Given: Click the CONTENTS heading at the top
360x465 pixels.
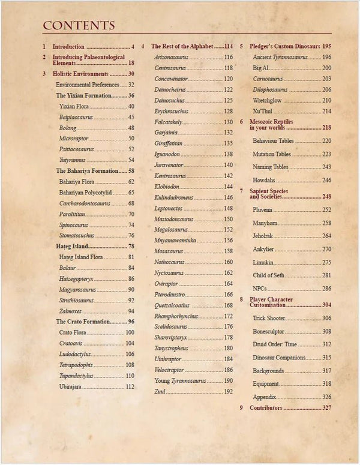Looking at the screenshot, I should coord(79,25).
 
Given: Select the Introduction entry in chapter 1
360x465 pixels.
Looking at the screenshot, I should coord(68,46).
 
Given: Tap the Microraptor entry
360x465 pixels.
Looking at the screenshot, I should coord(74,139).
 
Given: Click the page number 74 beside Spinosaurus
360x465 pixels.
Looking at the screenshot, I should coord(131,225).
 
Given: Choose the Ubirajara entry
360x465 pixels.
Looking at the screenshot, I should coord(71,387).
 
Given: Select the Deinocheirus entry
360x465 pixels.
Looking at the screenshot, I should coord(171,89).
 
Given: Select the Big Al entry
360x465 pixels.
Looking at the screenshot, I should coord(260,68).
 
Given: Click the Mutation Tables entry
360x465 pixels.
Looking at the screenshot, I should coord(271,154).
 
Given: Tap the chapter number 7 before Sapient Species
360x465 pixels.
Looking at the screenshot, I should coord(241,191).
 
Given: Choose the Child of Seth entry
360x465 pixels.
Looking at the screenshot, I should coord(267,275).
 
